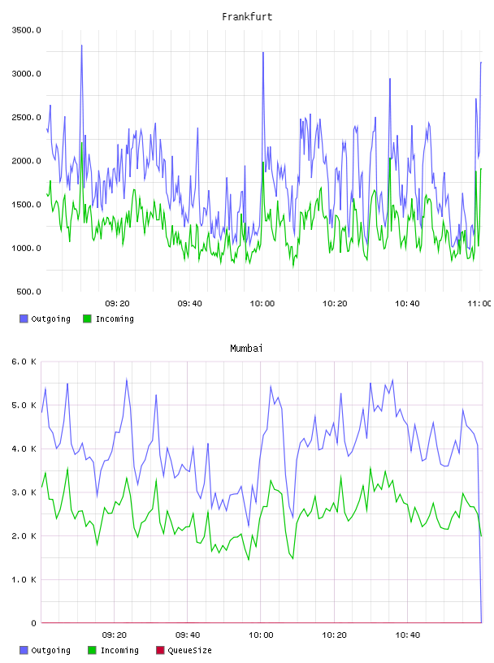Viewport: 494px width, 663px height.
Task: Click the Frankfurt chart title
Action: click(247, 17)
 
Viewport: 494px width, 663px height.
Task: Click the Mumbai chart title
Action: click(246, 349)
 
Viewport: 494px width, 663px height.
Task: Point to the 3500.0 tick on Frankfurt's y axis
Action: click(26, 30)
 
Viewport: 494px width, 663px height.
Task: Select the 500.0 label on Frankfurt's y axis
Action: click(28, 292)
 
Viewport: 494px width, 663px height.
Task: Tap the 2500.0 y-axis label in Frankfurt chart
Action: click(26, 117)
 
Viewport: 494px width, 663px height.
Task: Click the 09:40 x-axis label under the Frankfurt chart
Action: click(189, 304)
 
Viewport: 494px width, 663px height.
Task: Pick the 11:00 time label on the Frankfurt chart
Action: click(479, 304)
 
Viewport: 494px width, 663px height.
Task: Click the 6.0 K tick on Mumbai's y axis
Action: click(24, 362)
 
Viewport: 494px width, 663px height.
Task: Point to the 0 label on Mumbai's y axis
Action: click(33, 623)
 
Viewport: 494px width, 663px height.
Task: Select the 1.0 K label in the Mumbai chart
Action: click(24, 579)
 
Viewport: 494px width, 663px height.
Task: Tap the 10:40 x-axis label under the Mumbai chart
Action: click(408, 635)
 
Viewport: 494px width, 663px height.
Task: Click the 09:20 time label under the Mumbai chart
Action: click(115, 635)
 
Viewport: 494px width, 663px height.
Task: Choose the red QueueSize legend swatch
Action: click(160, 650)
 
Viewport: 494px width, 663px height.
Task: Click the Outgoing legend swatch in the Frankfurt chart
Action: click(24, 318)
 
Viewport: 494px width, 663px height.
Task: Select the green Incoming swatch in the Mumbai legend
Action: click(92, 650)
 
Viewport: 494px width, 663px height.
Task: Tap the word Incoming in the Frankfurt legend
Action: click(115, 319)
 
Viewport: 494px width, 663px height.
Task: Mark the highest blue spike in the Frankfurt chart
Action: click(81, 45)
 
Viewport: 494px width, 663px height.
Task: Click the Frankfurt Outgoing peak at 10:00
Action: click(263, 53)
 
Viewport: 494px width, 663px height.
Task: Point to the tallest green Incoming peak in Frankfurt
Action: click(81, 143)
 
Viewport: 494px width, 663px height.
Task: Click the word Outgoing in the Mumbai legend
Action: click(50, 651)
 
